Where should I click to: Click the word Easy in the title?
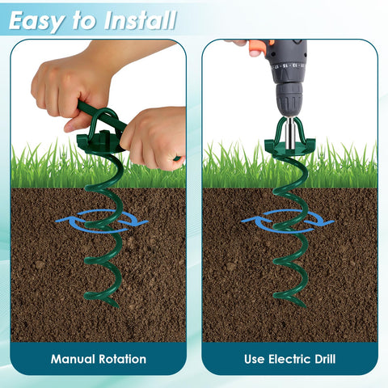click(36, 21)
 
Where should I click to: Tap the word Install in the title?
click(140, 20)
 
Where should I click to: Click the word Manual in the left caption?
click(73, 359)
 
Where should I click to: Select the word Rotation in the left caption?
click(122, 359)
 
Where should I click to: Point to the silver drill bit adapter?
click(290, 133)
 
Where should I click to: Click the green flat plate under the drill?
click(289, 147)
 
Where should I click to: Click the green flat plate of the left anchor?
click(100, 143)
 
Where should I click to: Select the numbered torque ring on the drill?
click(289, 66)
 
